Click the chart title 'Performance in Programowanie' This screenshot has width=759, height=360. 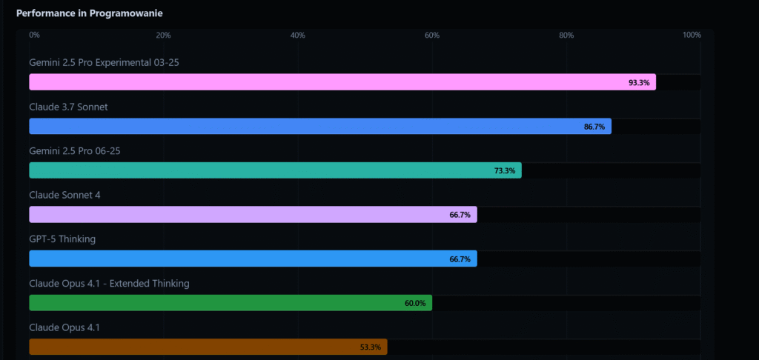[90, 13]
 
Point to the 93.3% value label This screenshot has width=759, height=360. [639, 83]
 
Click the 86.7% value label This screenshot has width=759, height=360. [594, 127]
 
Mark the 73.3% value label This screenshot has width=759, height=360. [505, 171]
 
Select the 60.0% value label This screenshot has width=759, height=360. [415, 303]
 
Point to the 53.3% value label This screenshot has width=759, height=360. [370, 347]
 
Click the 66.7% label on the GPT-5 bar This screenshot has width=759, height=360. [460, 259]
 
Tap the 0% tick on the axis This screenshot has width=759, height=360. [34, 35]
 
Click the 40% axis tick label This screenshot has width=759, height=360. [298, 35]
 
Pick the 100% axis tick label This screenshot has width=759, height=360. [692, 35]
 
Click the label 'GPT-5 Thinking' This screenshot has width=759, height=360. [62, 239]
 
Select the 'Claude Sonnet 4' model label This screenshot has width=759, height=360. [64, 195]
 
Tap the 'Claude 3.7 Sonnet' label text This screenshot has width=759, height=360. [68, 107]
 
